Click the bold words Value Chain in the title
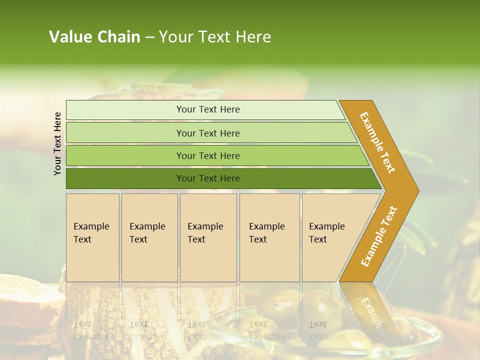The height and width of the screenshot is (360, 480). (94, 37)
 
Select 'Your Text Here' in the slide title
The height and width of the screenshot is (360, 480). (215, 37)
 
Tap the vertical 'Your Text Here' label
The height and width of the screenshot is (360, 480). (57, 143)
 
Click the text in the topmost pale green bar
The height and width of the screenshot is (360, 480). (208, 109)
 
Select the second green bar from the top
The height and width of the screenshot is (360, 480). (208, 133)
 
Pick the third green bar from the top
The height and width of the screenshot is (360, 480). (208, 155)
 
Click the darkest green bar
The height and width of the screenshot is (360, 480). (208, 178)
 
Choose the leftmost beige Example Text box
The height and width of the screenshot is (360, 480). (92, 237)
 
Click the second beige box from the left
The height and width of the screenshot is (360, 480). (149, 237)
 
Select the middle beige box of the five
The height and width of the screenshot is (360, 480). (208, 237)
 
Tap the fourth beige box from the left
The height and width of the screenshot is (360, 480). (269, 237)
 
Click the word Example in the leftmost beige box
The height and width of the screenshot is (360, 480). (91, 226)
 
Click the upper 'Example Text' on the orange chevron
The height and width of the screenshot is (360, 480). (377, 142)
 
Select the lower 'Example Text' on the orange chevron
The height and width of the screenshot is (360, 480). (379, 236)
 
